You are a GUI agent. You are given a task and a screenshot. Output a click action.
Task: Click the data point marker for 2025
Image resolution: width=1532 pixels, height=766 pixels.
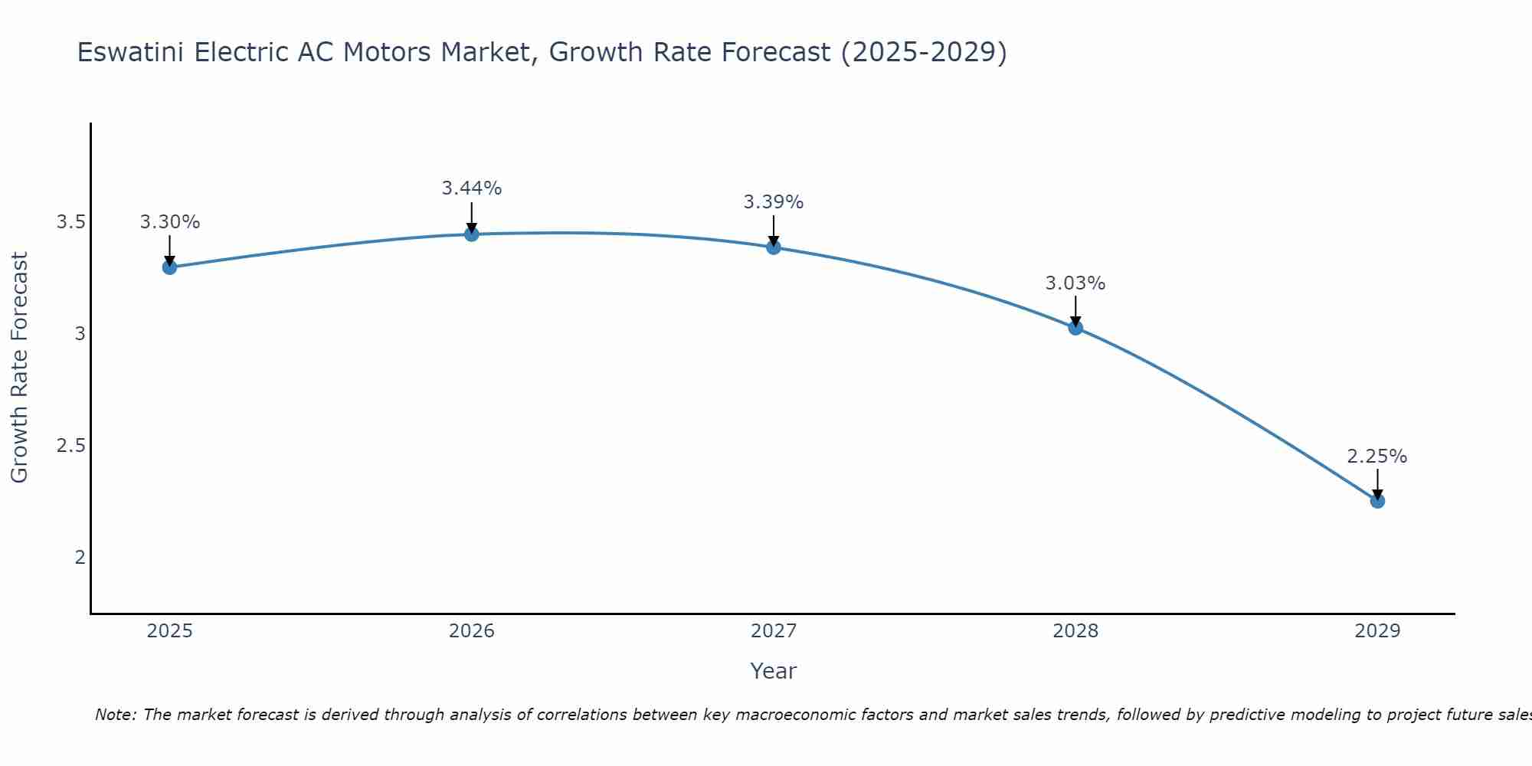169,267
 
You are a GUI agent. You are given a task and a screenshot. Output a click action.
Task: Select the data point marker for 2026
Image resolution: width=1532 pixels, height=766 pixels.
472,234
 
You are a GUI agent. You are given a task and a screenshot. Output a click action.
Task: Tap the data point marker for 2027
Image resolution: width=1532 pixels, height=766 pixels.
774,247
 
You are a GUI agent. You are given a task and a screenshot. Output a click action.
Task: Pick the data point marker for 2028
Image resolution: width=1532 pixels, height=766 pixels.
1075,328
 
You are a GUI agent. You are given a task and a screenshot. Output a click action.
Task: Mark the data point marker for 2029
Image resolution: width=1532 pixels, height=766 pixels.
1377,501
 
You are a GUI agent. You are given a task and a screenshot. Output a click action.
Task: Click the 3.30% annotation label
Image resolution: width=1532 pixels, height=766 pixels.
169,222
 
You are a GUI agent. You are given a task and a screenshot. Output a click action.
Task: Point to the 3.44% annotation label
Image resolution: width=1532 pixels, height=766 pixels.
472,188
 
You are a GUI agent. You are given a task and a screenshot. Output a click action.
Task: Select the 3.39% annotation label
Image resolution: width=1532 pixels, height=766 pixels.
774,202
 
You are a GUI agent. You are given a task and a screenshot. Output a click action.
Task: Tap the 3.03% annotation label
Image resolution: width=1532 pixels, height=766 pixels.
1075,283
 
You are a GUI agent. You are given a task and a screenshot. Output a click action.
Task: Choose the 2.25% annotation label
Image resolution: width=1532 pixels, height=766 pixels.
1377,457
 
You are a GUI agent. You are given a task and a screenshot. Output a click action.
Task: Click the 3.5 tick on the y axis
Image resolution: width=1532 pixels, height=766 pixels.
70,222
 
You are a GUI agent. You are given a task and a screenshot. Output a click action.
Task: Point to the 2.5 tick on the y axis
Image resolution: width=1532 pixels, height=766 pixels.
70,446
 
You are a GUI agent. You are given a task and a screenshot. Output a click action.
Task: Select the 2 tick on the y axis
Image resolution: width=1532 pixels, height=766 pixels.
80,557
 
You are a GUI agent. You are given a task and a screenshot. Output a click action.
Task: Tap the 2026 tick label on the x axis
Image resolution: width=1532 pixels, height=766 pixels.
472,631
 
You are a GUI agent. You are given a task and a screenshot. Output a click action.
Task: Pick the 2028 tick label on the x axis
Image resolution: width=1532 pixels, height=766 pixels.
1075,631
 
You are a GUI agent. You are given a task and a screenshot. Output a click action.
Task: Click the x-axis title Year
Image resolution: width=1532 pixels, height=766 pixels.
774,671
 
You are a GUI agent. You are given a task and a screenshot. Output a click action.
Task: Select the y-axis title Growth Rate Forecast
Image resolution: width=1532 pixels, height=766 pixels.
19,368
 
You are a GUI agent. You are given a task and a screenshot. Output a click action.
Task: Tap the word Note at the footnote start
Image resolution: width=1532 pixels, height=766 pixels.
115,715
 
